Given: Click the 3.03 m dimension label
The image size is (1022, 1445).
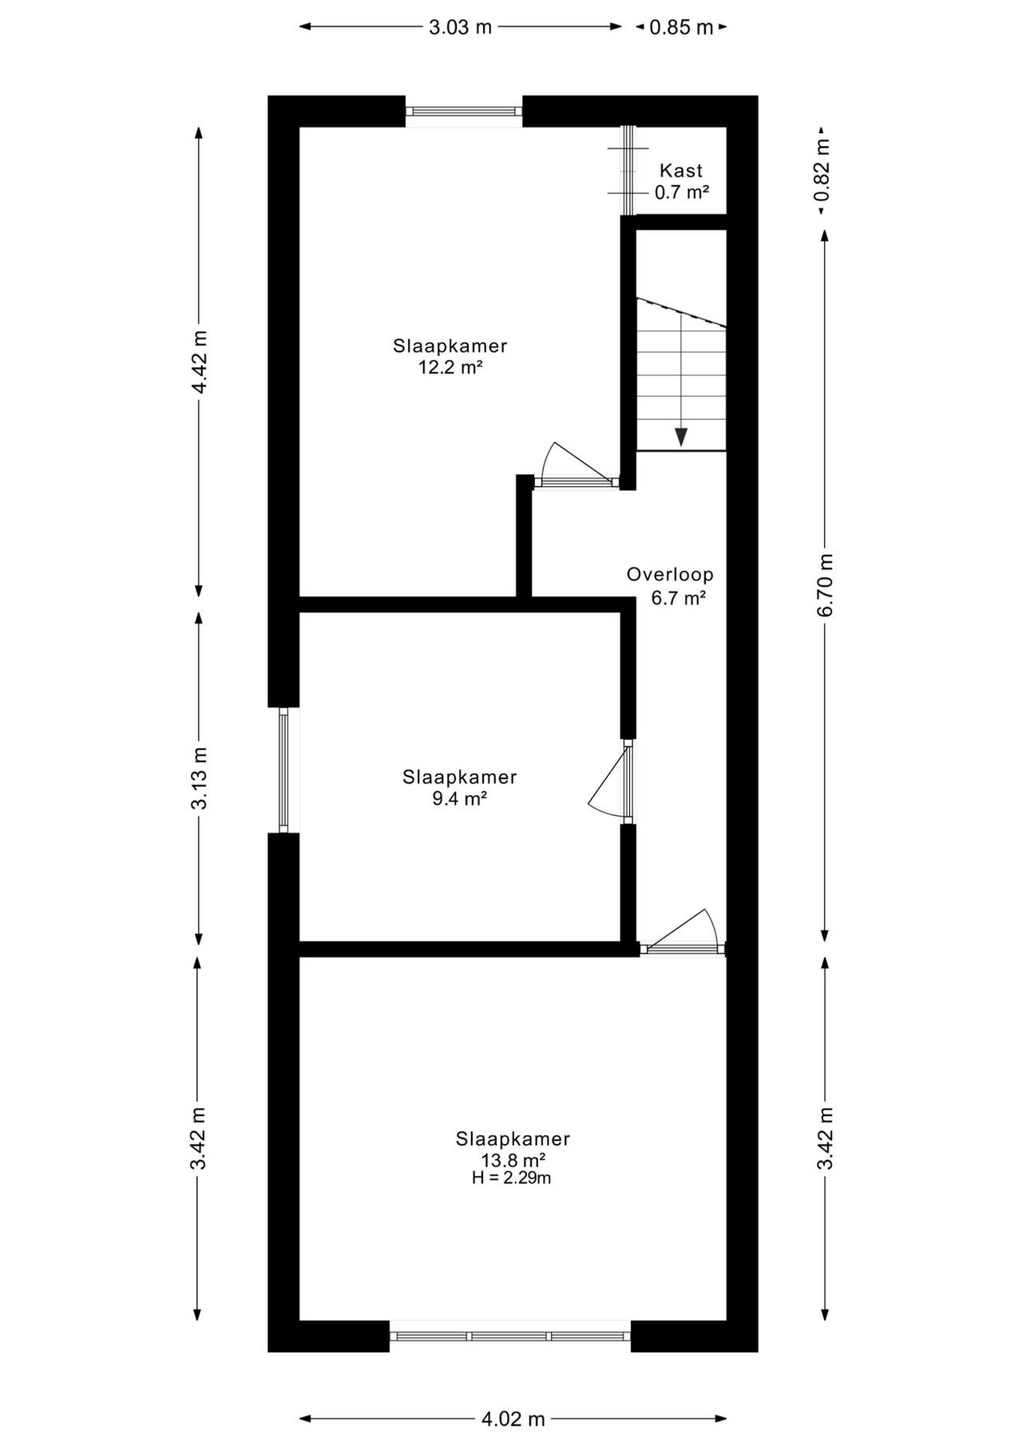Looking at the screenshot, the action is (x=461, y=27).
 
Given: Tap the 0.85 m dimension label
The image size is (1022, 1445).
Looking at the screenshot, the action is (x=681, y=27).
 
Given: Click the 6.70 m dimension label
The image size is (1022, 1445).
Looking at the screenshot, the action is (x=826, y=584).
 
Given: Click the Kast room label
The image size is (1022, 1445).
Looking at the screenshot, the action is (x=681, y=170).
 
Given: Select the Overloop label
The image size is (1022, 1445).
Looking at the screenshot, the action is (x=670, y=574).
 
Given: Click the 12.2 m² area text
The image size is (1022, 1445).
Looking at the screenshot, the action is (x=451, y=367).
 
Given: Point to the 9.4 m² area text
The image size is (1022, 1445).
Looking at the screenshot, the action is (x=460, y=798).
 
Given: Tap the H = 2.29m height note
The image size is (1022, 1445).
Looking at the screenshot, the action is (x=512, y=1178).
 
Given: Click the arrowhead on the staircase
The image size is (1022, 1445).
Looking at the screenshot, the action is (x=681, y=437).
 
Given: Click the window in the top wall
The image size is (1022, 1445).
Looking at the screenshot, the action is (x=464, y=112).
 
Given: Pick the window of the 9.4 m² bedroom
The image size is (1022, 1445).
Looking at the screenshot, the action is (x=283, y=770).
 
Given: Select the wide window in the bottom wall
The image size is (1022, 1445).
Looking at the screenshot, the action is (x=510, y=1336).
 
